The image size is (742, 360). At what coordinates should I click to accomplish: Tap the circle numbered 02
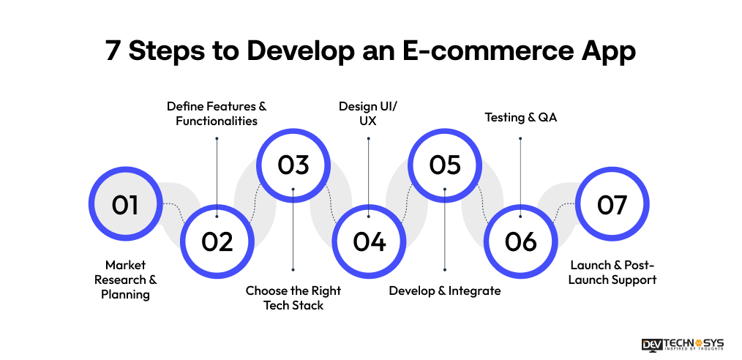click(217, 241)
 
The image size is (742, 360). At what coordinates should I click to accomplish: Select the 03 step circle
click(293, 165)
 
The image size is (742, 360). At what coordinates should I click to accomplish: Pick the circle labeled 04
click(369, 241)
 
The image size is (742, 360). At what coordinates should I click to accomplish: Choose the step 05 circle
click(445, 165)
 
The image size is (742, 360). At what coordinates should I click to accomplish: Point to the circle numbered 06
click(520, 241)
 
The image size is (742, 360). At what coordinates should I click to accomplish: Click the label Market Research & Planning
click(127, 280)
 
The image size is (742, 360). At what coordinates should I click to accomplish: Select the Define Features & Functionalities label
click(217, 113)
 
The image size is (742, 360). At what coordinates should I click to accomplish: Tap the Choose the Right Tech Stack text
click(293, 298)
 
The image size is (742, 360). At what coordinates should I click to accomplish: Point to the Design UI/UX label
click(368, 113)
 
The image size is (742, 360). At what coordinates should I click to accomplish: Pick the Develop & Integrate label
click(445, 291)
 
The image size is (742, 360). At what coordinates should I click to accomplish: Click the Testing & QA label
click(520, 117)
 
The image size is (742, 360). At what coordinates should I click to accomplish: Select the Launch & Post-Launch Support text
click(613, 272)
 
